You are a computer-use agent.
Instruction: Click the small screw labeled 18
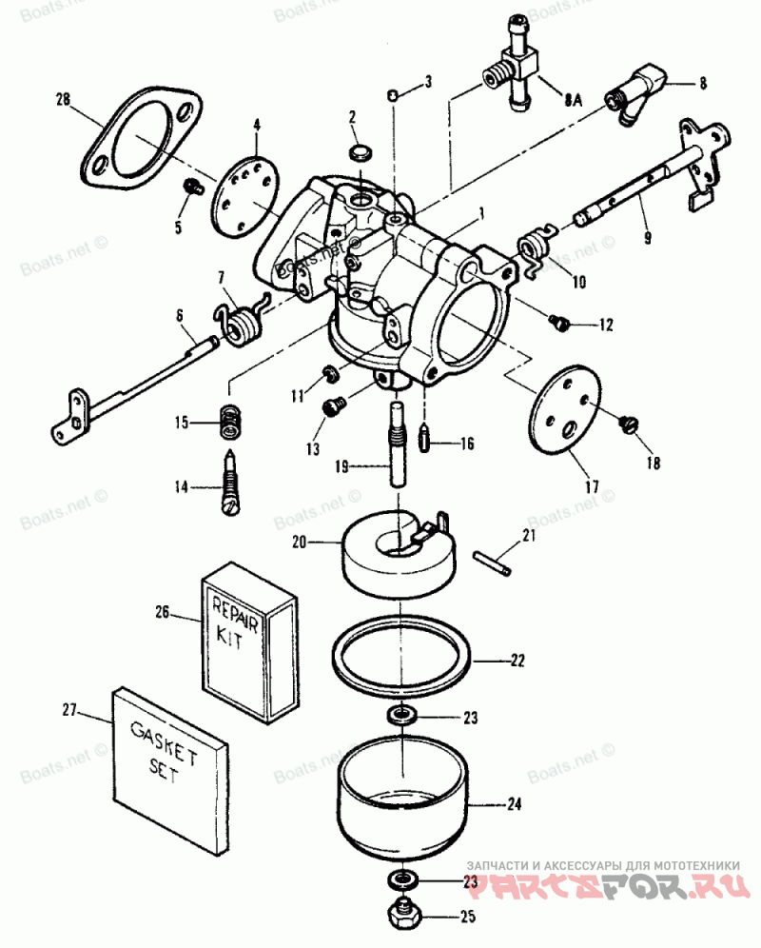click(630, 425)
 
